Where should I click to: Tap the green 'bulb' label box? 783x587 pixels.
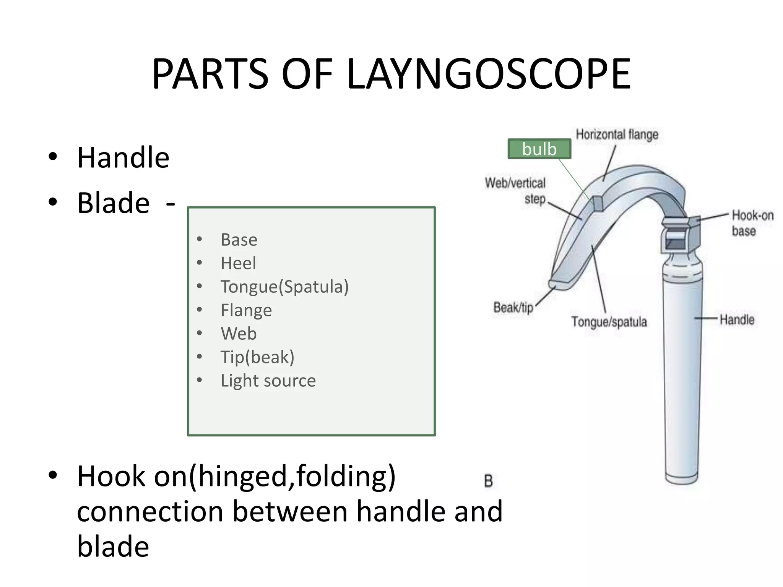539,149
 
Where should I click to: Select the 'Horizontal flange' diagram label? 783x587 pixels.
617,135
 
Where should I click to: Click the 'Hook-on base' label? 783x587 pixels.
752,223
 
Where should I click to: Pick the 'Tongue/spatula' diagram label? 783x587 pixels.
609,322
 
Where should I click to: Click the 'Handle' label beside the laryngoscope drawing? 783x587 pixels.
737,319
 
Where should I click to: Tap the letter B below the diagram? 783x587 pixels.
488,481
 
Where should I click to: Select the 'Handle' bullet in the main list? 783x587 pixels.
123,157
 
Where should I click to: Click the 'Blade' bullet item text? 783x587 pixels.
114,203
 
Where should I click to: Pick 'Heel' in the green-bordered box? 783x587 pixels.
238,263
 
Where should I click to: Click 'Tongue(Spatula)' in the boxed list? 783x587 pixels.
284,287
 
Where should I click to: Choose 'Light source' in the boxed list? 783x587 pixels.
268,381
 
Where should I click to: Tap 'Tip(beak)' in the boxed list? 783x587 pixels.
257,357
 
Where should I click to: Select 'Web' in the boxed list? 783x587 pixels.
239,334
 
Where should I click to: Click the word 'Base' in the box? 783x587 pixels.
239,240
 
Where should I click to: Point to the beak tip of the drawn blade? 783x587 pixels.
554,284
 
